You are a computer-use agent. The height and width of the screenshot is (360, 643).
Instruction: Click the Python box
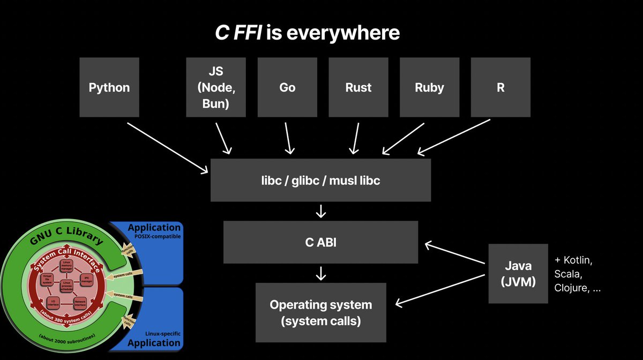pyautogui.click(x=109, y=87)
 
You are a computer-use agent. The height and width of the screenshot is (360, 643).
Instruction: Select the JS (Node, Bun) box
pyautogui.click(x=215, y=87)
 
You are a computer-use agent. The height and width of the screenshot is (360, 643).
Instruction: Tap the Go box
pyautogui.click(x=287, y=87)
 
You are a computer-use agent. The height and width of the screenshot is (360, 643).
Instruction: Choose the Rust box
pyautogui.click(x=358, y=87)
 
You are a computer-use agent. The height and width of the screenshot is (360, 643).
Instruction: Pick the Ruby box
pyautogui.click(x=429, y=87)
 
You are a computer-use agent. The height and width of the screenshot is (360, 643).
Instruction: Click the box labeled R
pyautogui.click(x=500, y=87)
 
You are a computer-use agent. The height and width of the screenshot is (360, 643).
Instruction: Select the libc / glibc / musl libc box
pyautogui.click(x=320, y=181)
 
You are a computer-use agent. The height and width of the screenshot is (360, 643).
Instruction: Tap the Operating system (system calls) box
pyautogui.click(x=320, y=313)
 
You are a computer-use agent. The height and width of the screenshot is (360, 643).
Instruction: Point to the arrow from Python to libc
pyautogui.click(x=167, y=148)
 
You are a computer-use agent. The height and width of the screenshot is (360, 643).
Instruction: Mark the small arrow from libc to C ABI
pyautogui.click(x=320, y=211)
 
